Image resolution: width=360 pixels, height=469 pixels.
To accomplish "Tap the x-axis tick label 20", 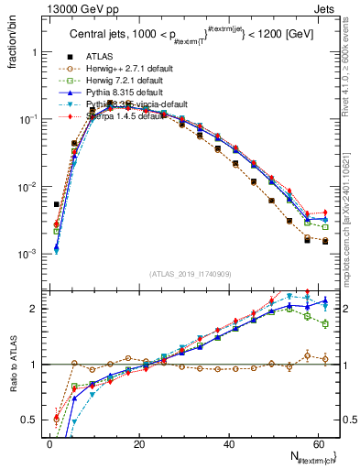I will (x=138, y=443).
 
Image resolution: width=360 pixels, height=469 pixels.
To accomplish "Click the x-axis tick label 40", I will (x=227, y=443).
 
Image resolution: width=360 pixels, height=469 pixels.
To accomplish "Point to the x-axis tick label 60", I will (x=316, y=443).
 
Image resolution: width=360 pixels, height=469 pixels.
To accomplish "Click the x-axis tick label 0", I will (x=49, y=443).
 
